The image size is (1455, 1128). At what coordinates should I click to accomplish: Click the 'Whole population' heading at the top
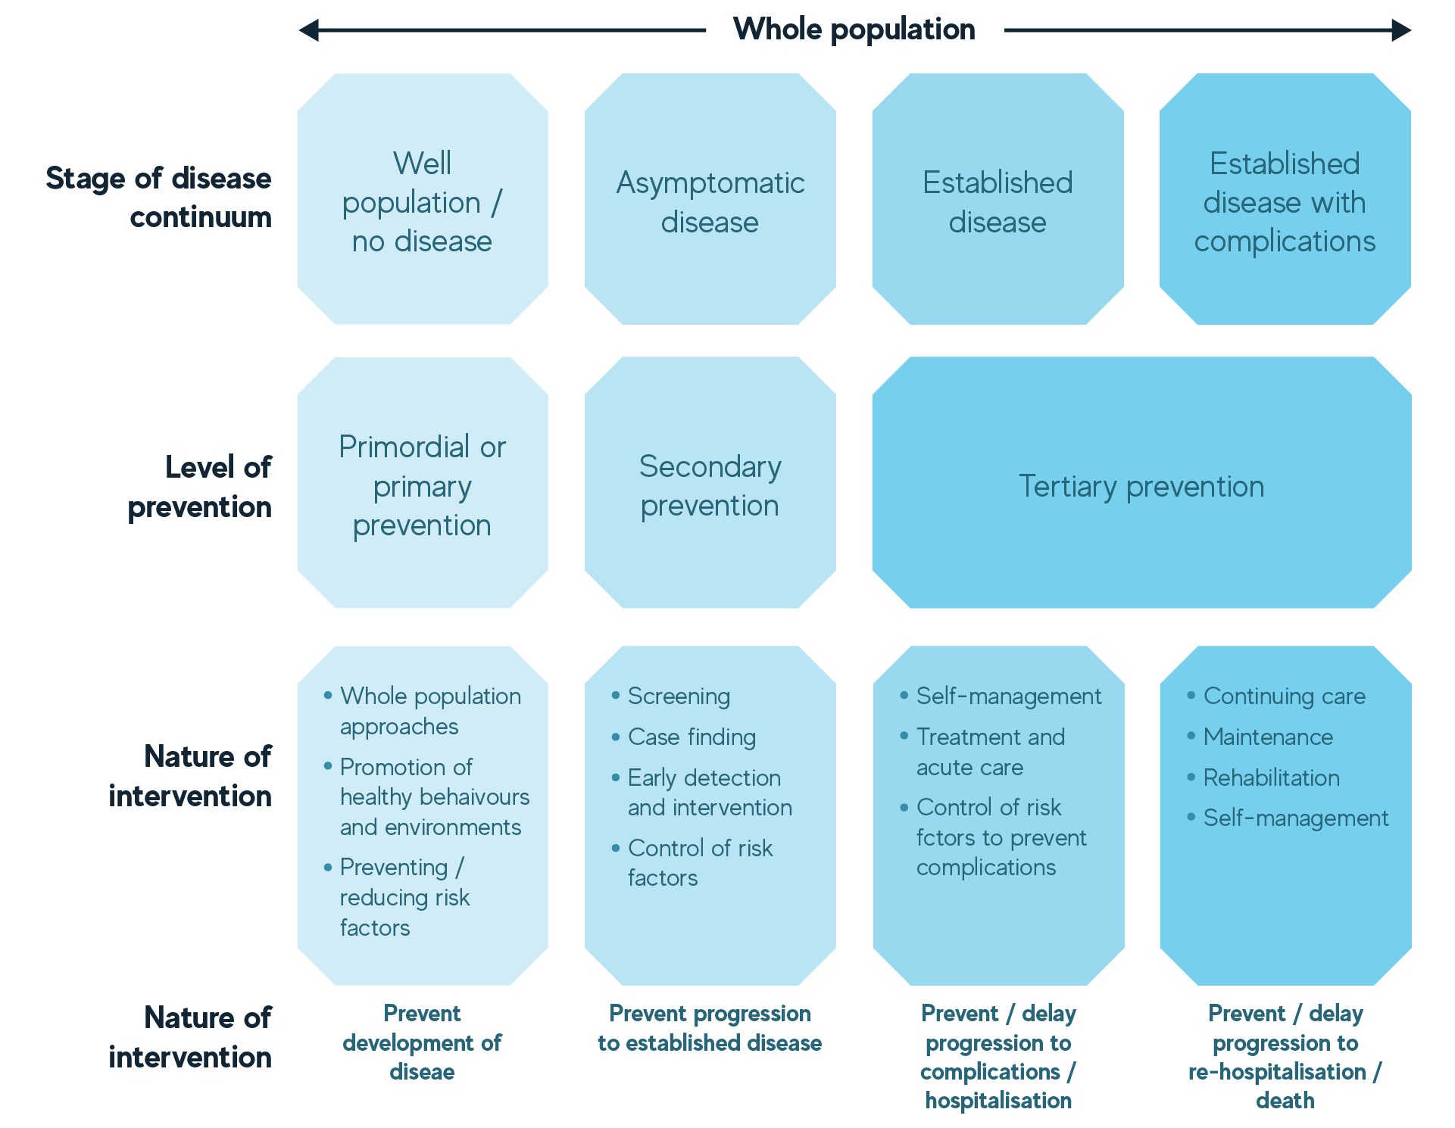(854, 30)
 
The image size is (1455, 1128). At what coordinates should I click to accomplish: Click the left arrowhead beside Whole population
(308, 30)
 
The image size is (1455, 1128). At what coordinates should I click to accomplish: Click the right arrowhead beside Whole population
(1401, 30)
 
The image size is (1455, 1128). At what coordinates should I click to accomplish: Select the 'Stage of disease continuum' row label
(159, 198)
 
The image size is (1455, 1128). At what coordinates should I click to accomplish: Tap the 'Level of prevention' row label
(199, 487)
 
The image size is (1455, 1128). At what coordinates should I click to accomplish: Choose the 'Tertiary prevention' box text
(1141, 486)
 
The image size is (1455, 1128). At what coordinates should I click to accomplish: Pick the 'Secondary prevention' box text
(710, 486)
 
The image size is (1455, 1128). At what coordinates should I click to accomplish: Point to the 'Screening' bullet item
(679, 696)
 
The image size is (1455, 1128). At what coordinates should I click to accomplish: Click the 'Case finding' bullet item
(692, 737)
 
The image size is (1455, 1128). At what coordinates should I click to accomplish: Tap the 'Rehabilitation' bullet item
(1271, 777)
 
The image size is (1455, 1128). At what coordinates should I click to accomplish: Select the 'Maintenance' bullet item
(1268, 737)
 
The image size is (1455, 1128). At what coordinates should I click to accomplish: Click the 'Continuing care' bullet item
(1284, 696)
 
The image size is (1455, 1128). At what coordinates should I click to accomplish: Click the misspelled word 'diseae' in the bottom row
(422, 1072)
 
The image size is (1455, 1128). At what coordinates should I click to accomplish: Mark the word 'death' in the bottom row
(1285, 1101)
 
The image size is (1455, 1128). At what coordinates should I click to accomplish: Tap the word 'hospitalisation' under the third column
(998, 1101)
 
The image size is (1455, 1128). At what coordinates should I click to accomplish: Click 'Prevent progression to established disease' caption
(710, 1028)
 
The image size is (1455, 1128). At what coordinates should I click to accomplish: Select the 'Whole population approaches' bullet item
(429, 711)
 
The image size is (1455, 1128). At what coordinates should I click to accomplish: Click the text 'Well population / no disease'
(422, 202)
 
